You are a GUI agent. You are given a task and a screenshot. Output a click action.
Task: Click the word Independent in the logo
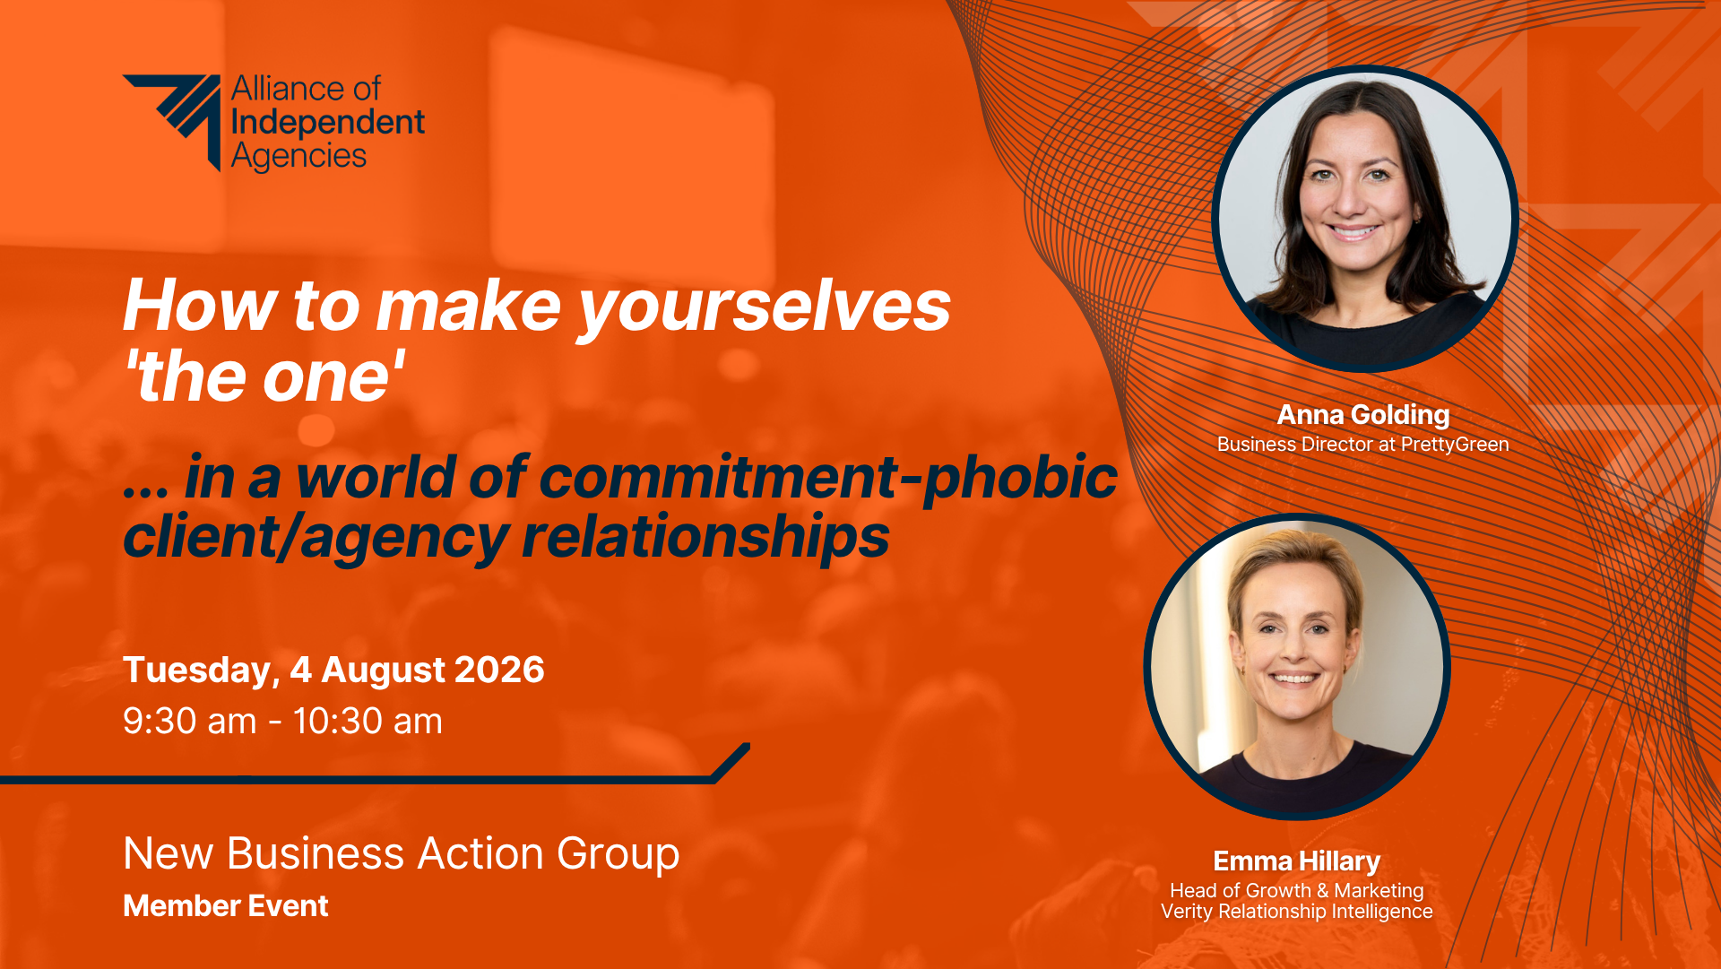pyautogui.click(x=328, y=122)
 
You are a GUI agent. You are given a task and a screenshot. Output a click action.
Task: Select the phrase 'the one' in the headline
pyautogui.click(x=264, y=376)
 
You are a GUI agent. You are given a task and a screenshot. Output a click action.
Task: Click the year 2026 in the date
pyautogui.click(x=499, y=670)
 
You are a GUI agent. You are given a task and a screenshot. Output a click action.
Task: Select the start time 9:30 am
pyautogui.click(x=190, y=722)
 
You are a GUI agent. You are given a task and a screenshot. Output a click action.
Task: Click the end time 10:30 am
pyautogui.click(x=368, y=722)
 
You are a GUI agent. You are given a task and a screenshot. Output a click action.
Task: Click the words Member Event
pyautogui.click(x=226, y=906)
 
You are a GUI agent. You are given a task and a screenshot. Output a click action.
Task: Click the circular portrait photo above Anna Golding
pyautogui.click(x=1364, y=219)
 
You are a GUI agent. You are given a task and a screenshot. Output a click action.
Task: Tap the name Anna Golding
pyautogui.click(x=1363, y=415)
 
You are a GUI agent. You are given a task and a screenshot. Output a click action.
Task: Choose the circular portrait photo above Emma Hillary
pyautogui.click(x=1297, y=667)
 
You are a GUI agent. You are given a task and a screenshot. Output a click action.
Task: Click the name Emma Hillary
pyautogui.click(x=1297, y=861)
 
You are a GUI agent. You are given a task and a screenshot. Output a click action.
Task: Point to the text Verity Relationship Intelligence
pyautogui.click(x=1297, y=912)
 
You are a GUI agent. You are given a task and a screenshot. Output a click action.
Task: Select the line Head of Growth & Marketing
pyautogui.click(x=1297, y=891)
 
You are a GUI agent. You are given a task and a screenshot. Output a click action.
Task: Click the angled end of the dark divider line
pyautogui.click(x=731, y=762)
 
